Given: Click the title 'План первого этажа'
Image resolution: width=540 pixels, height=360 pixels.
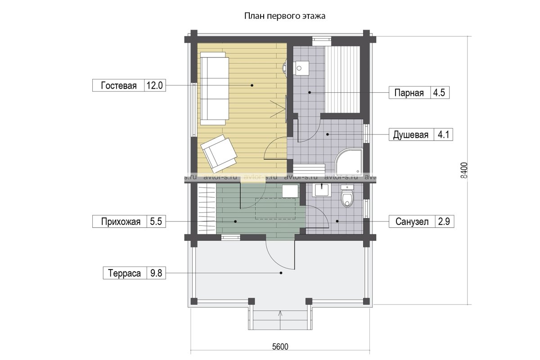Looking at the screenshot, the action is (285, 16).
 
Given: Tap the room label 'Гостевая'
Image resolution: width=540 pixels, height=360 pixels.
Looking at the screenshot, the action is (119, 85).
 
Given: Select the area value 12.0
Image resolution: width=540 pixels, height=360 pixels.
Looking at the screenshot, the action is (155, 85).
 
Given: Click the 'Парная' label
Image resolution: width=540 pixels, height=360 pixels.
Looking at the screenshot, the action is (409, 93).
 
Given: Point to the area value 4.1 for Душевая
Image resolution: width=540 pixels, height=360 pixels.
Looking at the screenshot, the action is (443, 134).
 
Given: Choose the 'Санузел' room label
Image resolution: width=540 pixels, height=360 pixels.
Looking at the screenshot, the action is (412, 221).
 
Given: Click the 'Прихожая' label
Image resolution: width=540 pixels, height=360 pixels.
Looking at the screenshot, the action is (121, 221).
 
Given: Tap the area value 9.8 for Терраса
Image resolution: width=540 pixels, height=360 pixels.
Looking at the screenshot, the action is (156, 273).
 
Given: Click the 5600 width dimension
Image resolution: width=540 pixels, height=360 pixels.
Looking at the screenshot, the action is (280, 346).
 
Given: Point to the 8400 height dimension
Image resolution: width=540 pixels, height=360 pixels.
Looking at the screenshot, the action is (464, 170).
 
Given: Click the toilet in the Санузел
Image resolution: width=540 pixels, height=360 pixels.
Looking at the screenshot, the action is (347, 196).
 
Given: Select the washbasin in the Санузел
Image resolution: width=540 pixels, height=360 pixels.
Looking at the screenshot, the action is (322, 190).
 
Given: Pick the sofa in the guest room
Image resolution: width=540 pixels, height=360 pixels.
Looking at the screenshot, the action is (215, 89).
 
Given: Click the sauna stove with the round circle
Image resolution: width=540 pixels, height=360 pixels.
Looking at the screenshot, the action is (301, 68).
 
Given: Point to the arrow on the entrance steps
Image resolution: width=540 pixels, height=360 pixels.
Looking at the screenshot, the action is (280, 320).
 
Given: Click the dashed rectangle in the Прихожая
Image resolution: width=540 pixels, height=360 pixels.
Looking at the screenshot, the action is (275, 208).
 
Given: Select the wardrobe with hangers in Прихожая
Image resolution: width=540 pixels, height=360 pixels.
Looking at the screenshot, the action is (207, 208).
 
